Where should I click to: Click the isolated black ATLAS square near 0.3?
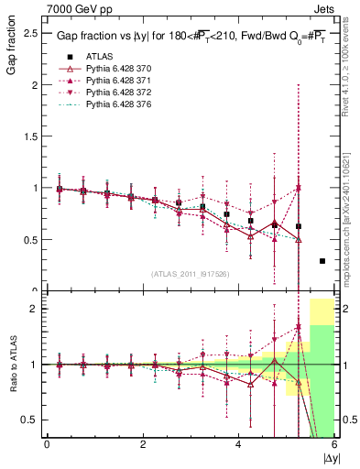[322, 261]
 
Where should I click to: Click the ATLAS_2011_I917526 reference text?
[190, 274]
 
